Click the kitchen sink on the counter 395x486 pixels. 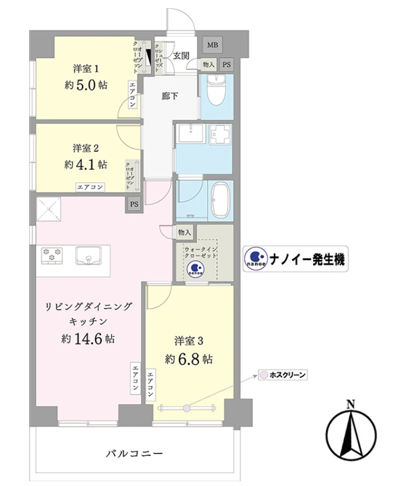click(x=88, y=256)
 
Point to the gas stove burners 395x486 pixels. click(x=52, y=255)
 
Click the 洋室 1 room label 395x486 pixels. click(x=84, y=68)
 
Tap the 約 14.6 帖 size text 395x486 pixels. click(x=87, y=338)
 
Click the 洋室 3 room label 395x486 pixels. click(x=188, y=339)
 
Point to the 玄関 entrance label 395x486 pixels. click(x=181, y=55)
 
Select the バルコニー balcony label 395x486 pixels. click(x=134, y=453)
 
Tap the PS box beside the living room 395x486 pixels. click(x=134, y=204)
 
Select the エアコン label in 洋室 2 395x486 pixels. click(x=90, y=187)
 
